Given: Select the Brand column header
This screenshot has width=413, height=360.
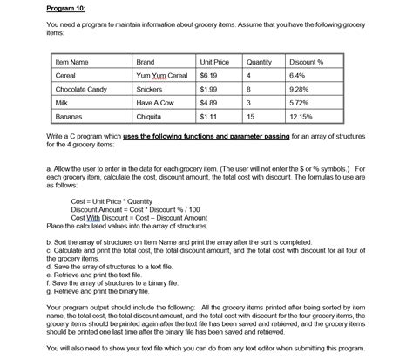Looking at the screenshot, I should [x=146, y=62].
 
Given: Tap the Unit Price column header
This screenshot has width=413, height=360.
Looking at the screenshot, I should [x=214, y=62].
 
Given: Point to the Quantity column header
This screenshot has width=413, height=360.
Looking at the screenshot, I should [x=259, y=62].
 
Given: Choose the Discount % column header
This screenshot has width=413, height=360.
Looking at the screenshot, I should [x=307, y=62].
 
